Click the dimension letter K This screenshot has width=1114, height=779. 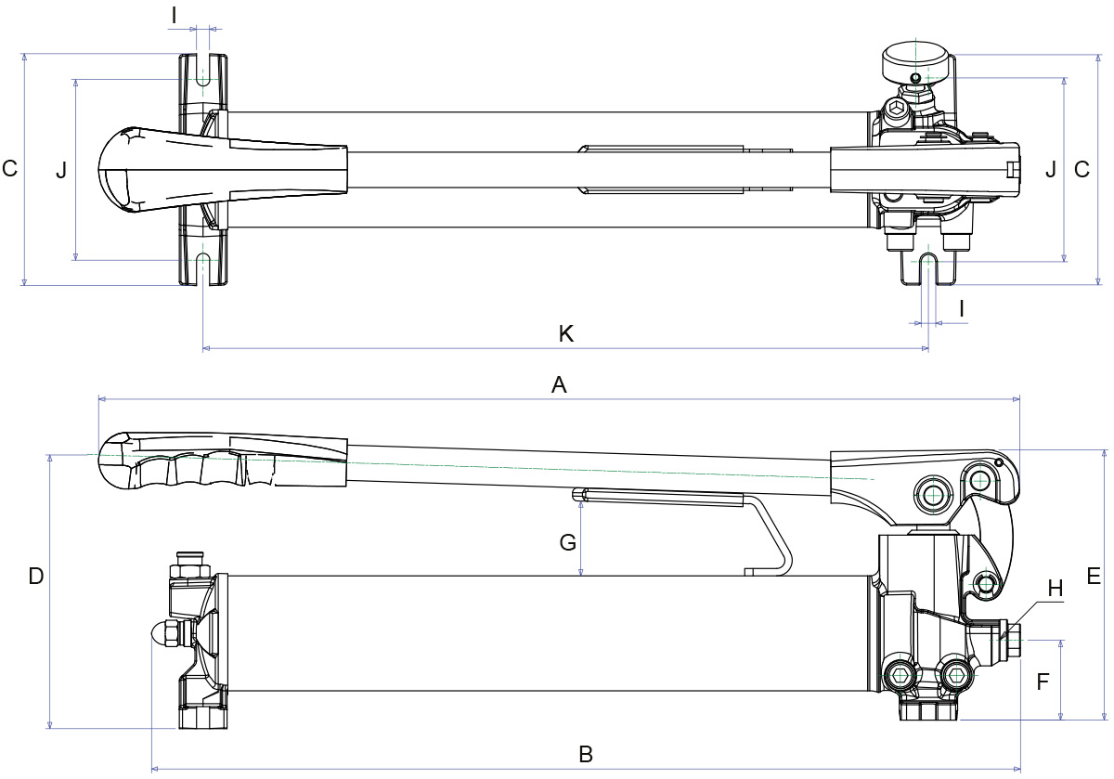pyautogui.click(x=566, y=334)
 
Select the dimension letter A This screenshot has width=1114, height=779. pyautogui.click(x=559, y=385)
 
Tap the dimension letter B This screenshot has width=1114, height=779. pyautogui.click(x=585, y=754)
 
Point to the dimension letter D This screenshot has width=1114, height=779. pyautogui.click(x=36, y=577)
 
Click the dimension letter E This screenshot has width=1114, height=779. pyautogui.click(x=1094, y=577)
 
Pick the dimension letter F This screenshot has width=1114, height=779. pyautogui.click(x=1043, y=682)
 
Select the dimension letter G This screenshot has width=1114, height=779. pyautogui.click(x=568, y=541)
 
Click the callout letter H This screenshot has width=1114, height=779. pyautogui.click(x=1056, y=588)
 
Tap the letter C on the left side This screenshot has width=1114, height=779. pyautogui.click(x=10, y=169)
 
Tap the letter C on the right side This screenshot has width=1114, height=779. pyautogui.click(x=1082, y=169)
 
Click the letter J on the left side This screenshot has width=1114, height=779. pyautogui.click(x=61, y=170)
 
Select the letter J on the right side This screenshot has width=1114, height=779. pyautogui.click(x=1050, y=169)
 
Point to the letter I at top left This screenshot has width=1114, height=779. pyautogui.click(x=175, y=13)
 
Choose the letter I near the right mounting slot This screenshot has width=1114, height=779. pyautogui.click(x=962, y=306)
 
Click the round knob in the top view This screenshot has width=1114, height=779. pyautogui.click(x=916, y=63)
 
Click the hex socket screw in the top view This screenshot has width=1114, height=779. pyautogui.click(x=897, y=111)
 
